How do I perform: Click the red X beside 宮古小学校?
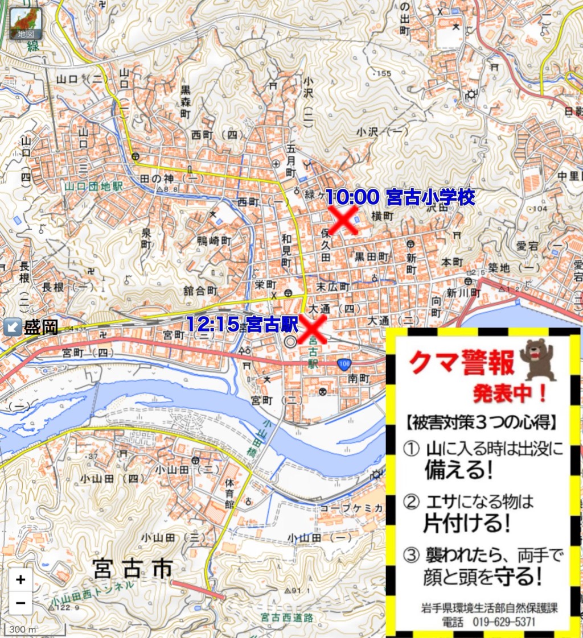(x=343, y=220)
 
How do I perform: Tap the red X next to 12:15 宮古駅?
(x=312, y=329)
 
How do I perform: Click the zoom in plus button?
(x=20, y=580)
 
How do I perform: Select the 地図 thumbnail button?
(x=26, y=23)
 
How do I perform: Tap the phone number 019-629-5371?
(x=503, y=622)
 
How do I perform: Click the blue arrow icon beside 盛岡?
(x=12, y=327)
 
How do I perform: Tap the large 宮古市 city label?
(x=132, y=567)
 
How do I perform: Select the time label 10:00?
(x=352, y=197)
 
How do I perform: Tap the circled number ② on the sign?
(x=410, y=502)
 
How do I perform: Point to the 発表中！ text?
(x=510, y=393)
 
